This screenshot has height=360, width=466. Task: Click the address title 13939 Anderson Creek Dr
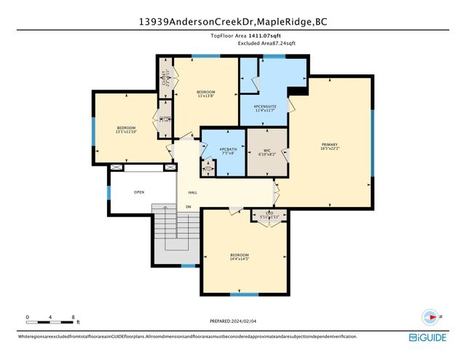(x=233, y=22)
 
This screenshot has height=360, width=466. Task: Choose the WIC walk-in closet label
(x=266, y=152)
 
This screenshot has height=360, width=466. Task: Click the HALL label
(x=193, y=192)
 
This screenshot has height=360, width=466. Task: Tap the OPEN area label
(x=138, y=192)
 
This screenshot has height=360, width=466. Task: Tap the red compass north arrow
(x=432, y=317)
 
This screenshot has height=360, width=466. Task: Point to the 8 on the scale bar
(x=74, y=317)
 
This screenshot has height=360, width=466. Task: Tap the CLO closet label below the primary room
(x=269, y=214)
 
